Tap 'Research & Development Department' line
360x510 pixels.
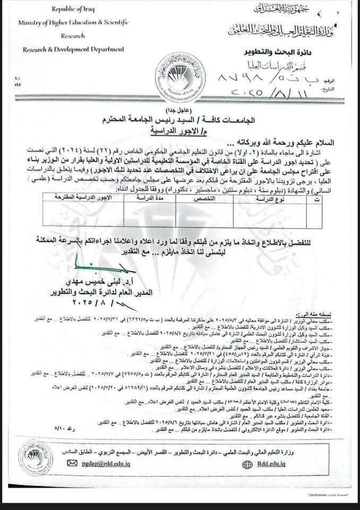pos(73,49)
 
